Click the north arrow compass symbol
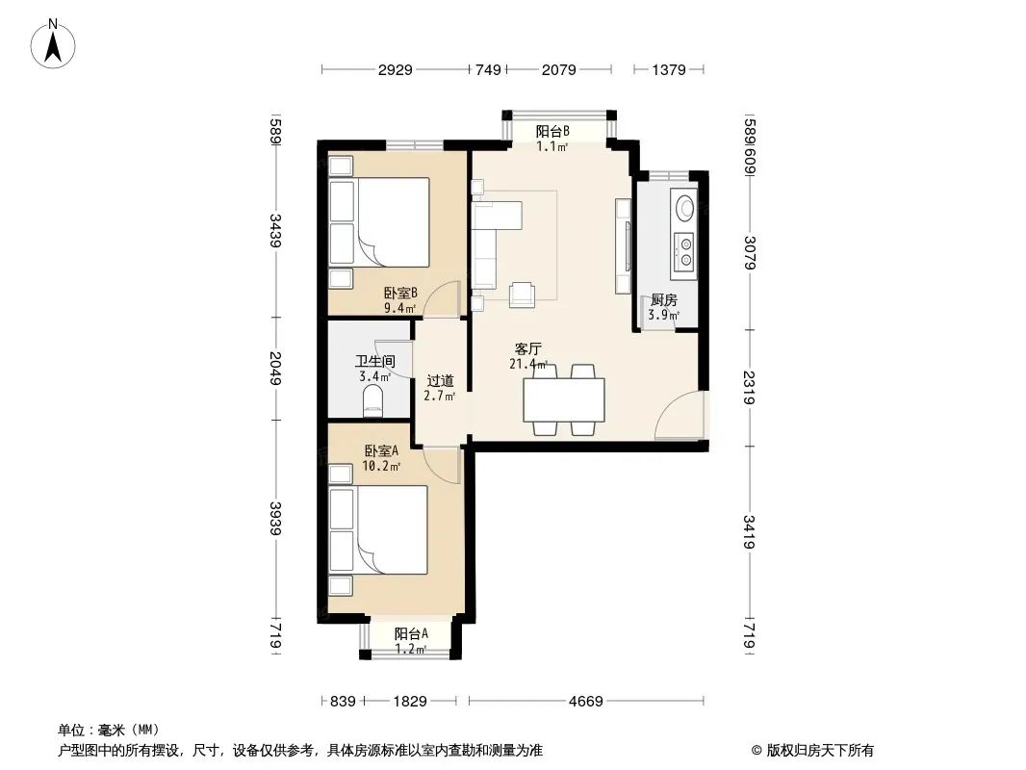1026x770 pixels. point(53,44)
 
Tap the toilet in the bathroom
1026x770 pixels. point(372,400)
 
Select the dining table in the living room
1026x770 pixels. point(563,399)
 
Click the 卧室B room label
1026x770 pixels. point(400,294)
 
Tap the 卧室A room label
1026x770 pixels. point(381,451)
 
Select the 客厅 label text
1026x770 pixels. point(528,348)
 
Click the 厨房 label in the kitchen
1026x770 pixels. point(663,300)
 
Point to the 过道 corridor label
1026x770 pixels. point(440,381)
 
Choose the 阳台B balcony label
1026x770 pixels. point(552,132)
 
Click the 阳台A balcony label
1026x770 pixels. point(412,634)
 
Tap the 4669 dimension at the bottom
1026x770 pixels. point(585,702)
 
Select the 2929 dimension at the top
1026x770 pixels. point(396,69)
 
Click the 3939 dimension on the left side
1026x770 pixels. point(275,519)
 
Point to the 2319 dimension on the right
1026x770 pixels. point(749,388)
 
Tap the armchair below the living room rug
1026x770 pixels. point(522,295)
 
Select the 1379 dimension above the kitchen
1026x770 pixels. point(669,69)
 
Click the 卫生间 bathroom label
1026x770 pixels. point(375,361)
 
